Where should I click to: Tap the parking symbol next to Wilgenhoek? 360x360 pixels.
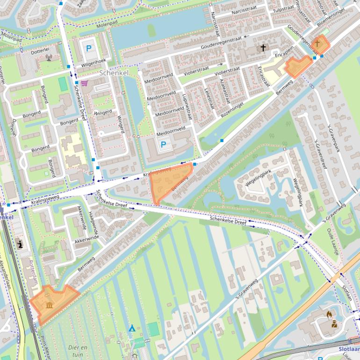click(x=88, y=48)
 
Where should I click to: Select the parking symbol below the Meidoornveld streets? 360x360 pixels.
click(x=163, y=145)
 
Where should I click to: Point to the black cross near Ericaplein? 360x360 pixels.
click(x=263, y=48)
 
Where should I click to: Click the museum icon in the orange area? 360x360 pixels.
click(x=50, y=305)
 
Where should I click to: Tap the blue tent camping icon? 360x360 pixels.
click(x=132, y=328)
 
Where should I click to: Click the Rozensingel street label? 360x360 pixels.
click(x=233, y=108)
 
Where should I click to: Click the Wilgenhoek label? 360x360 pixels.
click(x=94, y=61)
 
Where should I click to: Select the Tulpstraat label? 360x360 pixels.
click(x=282, y=9)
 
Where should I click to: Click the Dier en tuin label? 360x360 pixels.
click(x=78, y=351)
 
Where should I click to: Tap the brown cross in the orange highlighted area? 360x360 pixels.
click(x=317, y=43)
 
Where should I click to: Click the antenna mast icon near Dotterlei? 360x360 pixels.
click(x=49, y=58)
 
